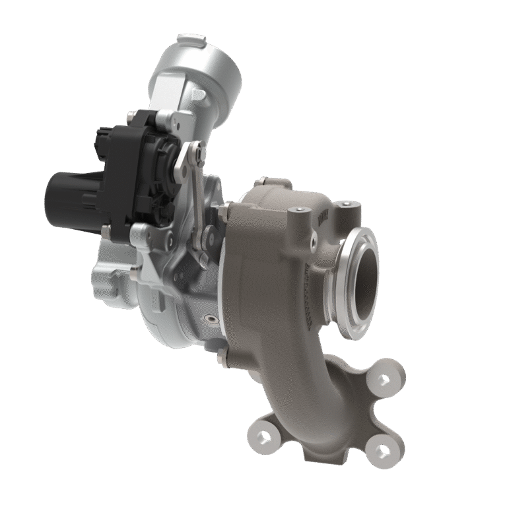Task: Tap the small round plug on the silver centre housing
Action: tap(211, 320)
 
